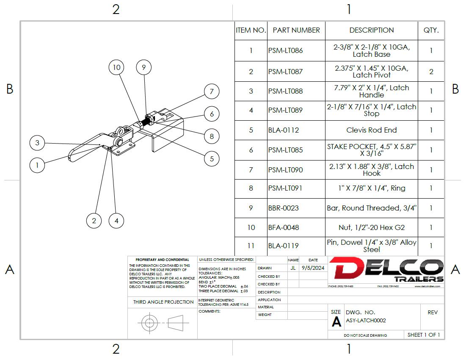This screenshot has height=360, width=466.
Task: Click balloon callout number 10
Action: pyautogui.click(x=116, y=67)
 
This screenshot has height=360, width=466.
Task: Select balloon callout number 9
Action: pyautogui.click(x=144, y=67)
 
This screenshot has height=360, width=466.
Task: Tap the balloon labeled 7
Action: pyautogui.click(x=212, y=91)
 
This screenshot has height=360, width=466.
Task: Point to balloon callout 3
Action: pyautogui.click(x=37, y=143)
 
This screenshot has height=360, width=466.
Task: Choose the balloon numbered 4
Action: pyautogui.click(x=116, y=220)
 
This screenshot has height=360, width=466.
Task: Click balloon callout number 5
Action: pyautogui.click(x=212, y=159)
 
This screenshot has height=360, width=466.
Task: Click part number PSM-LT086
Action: pyautogui.click(x=285, y=50)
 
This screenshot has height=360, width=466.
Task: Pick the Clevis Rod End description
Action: pyautogui.click(x=371, y=130)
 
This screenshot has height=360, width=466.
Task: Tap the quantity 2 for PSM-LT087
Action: pyautogui.click(x=431, y=72)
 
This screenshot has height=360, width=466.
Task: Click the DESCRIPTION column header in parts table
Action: pyautogui.click(x=371, y=30)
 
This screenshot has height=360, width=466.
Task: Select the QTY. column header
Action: pyautogui.click(x=431, y=30)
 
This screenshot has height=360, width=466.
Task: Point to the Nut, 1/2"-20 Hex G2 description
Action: pyautogui.click(x=371, y=227)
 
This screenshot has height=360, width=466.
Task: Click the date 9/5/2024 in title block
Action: pyautogui.click(x=313, y=268)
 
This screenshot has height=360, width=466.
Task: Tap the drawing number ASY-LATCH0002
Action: pyautogui.click(x=366, y=321)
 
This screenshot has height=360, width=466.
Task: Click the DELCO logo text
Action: pyautogui.click(x=386, y=268)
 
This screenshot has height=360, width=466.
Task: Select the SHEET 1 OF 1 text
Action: pyautogui.click(x=423, y=335)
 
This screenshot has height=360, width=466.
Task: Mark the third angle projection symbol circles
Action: pyautogui.click(x=149, y=323)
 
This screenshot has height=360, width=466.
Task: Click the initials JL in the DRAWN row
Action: pyautogui.click(x=293, y=268)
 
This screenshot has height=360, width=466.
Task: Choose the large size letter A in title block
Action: pyautogui.click(x=336, y=322)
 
